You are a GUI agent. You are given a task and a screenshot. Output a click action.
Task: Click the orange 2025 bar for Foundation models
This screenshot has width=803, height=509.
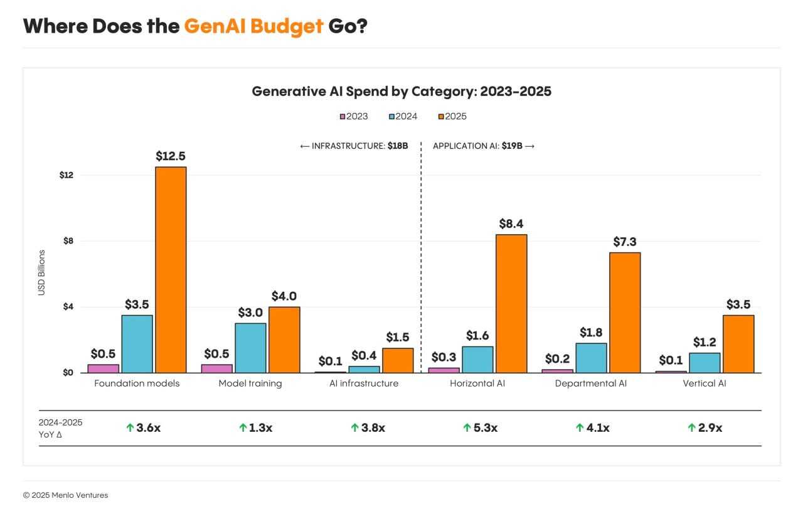(171, 270)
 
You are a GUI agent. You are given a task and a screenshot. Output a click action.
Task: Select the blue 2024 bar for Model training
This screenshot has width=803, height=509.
(250, 348)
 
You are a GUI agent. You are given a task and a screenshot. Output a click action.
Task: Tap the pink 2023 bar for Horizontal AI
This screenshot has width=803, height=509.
(444, 370)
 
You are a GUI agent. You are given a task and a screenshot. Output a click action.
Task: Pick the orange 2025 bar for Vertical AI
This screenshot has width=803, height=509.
(738, 344)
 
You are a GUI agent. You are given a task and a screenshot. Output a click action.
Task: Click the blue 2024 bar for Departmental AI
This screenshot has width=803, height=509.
(591, 358)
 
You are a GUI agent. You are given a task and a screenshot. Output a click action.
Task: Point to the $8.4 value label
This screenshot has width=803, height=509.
(511, 223)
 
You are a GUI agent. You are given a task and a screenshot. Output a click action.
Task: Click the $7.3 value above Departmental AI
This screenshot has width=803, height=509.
(625, 242)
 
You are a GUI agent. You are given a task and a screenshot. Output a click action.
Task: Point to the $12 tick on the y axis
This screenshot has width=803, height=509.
(66, 175)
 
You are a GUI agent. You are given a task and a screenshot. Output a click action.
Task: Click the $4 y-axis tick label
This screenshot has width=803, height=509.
(68, 307)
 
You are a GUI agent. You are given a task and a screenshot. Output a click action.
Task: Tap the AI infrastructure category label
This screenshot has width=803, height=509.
(364, 383)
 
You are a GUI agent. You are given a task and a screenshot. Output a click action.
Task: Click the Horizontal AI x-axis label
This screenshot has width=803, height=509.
(477, 383)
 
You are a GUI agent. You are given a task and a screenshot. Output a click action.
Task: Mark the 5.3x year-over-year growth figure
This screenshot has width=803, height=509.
(486, 428)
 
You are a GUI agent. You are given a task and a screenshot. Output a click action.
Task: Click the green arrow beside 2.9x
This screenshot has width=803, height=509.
(691, 428)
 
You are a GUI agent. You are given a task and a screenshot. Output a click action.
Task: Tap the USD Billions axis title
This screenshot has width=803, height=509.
(42, 273)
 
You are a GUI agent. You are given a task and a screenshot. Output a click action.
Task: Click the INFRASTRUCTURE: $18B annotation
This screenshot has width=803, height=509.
(354, 146)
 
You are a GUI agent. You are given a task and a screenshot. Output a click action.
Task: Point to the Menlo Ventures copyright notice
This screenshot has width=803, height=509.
(65, 495)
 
